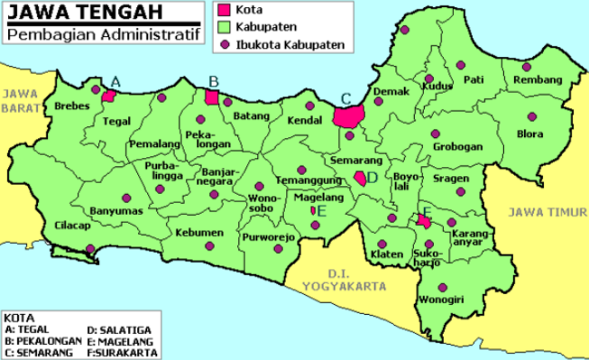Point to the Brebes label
pos(72,106)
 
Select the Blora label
pos(529,134)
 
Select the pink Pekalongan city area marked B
pos(213,97)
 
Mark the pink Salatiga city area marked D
pos(360,178)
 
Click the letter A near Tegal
pos(115,81)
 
